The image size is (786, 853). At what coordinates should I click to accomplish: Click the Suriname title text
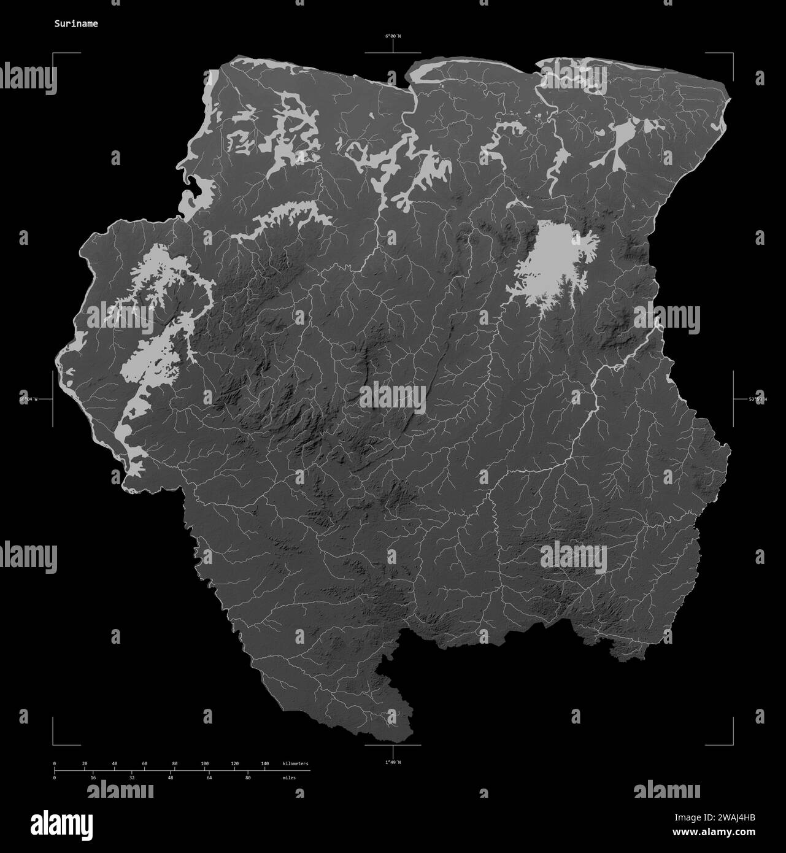75,24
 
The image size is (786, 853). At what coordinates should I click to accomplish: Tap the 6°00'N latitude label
393,36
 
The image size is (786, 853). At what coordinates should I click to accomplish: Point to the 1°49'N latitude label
393,762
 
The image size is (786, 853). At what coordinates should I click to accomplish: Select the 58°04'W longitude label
28,399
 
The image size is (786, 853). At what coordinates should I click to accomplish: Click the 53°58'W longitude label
758,399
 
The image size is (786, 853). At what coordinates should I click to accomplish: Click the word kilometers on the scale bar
296,763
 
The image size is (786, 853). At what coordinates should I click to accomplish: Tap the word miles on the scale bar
288,778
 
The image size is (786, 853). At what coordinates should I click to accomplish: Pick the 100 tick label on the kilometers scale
205,763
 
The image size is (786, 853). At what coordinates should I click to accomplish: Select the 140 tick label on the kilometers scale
265,763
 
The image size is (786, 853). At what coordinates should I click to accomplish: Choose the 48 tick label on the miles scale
171,778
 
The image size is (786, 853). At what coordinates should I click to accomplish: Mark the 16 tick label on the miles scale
93,778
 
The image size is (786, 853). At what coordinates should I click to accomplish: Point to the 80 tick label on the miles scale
248,778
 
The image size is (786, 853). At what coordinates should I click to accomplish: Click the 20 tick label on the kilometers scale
85,763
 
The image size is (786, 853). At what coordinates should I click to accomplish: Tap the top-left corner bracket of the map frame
53,54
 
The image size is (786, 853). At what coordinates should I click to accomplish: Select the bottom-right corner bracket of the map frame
732,744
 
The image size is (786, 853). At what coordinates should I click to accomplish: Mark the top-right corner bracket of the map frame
732,54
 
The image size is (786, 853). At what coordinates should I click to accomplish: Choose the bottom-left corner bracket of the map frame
53,744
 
